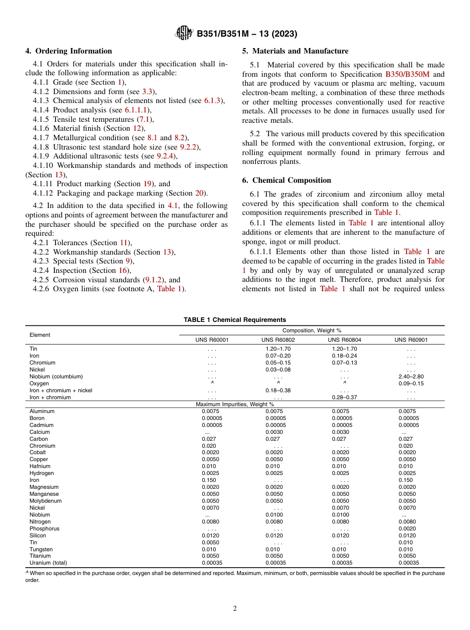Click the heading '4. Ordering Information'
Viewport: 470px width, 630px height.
pyautogui.click(x=69, y=51)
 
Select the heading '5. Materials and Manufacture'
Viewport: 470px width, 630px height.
pyautogui.click(x=295, y=51)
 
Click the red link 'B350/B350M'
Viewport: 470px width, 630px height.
pyautogui.click(x=407, y=74)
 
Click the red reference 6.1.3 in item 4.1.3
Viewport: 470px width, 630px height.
pyautogui.click(x=213, y=101)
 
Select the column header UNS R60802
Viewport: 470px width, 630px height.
pyautogui.click(x=277, y=340)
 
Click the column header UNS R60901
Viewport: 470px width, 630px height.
pyautogui.click(x=411, y=340)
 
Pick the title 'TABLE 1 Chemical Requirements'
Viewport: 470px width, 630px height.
pyautogui.click(x=235, y=320)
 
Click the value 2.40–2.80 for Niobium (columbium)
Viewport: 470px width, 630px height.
pyautogui.click(x=411, y=376)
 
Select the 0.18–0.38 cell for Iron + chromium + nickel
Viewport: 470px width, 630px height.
pyautogui.click(x=278, y=390)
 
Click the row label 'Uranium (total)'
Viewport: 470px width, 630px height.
pyautogui.click(x=48, y=563)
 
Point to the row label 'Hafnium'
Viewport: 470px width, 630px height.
pyautogui.click(x=40, y=466)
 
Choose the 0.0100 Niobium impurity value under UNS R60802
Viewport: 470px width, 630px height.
pyautogui.click(x=275, y=515)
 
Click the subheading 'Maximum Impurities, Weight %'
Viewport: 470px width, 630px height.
pyautogui.click(x=235, y=405)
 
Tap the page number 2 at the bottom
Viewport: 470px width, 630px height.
pyautogui.click(x=235, y=609)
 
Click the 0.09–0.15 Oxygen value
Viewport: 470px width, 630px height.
pyautogui.click(x=411, y=383)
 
